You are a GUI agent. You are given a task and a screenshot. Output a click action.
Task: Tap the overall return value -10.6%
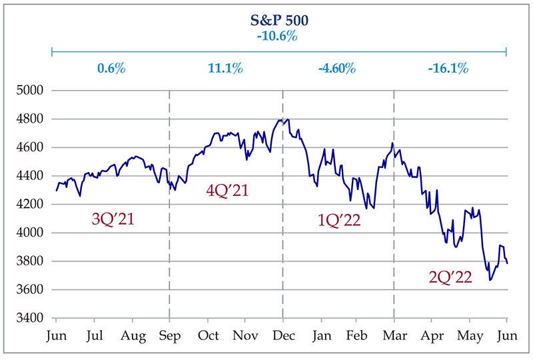pyautogui.click(x=279, y=35)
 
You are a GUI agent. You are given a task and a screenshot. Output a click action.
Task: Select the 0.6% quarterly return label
pyautogui.click(x=111, y=68)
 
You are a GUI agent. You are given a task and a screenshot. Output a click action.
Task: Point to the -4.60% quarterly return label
pyautogui.click(x=338, y=68)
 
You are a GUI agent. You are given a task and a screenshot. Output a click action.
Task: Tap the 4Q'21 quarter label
pyautogui.click(x=227, y=190)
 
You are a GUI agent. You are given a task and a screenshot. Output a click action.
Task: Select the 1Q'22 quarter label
pyautogui.click(x=339, y=219)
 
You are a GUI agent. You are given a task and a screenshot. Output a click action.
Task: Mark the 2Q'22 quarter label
pyautogui.click(x=451, y=275)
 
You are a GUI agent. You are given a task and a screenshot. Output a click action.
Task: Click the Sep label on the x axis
pyautogui.click(x=169, y=335)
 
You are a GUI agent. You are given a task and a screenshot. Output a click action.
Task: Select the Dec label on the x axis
pyautogui.click(x=282, y=335)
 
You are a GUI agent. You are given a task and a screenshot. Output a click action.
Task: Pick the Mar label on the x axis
pyautogui.click(x=394, y=335)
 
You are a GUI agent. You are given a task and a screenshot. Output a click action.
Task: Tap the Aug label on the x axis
pyautogui.click(x=131, y=335)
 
